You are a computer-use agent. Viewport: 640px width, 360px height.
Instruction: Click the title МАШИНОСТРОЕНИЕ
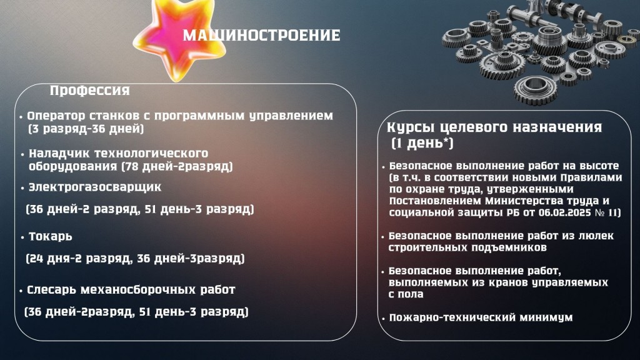[x=261, y=36]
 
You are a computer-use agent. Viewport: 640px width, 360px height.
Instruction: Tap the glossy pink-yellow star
[x=179, y=39]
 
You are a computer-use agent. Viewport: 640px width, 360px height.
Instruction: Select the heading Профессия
[x=90, y=91]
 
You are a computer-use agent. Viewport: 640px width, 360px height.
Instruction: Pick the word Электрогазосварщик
[x=95, y=187]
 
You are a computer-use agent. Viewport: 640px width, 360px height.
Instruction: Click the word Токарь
[x=50, y=237]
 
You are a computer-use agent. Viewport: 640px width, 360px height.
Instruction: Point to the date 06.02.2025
[x=559, y=213]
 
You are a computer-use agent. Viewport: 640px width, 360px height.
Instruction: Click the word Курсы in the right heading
[x=411, y=127]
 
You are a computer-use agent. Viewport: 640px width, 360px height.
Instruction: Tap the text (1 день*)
[x=422, y=144]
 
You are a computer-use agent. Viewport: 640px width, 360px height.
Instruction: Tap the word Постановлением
[x=436, y=201]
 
